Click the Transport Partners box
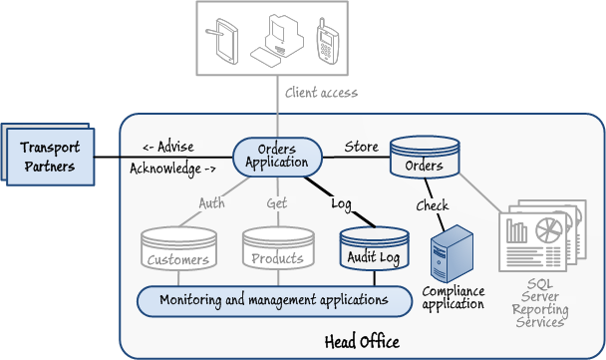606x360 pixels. (50, 157)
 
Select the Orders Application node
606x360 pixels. (277, 157)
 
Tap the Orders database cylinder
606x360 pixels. (425, 157)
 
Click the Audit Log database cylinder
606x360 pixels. (374, 249)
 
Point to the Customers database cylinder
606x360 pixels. (178, 248)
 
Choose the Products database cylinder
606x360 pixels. (278, 248)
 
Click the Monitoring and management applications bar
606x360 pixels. (275, 301)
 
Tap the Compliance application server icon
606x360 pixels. (452, 253)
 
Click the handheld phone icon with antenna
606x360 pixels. (327, 41)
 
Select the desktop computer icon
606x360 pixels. (277, 40)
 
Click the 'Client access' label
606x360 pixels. (321, 93)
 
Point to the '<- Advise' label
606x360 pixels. (168, 147)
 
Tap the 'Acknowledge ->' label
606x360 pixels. (172, 169)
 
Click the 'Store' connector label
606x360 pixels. (362, 147)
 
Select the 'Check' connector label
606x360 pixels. (433, 205)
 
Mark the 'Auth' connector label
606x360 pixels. (211, 203)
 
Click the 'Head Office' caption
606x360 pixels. (362, 342)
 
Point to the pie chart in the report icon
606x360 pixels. (549, 229)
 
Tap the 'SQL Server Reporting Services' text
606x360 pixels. (540, 303)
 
